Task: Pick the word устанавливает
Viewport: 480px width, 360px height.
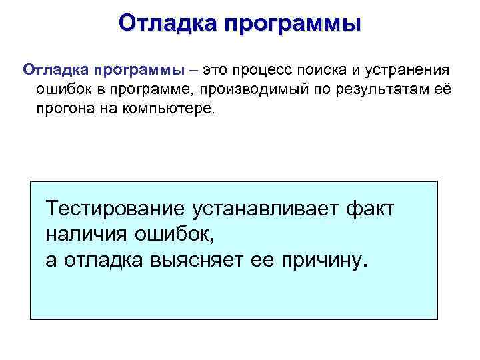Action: pyautogui.click(x=267, y=209)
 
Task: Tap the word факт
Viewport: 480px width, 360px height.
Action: pyautogui.click(x=371, y=209)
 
